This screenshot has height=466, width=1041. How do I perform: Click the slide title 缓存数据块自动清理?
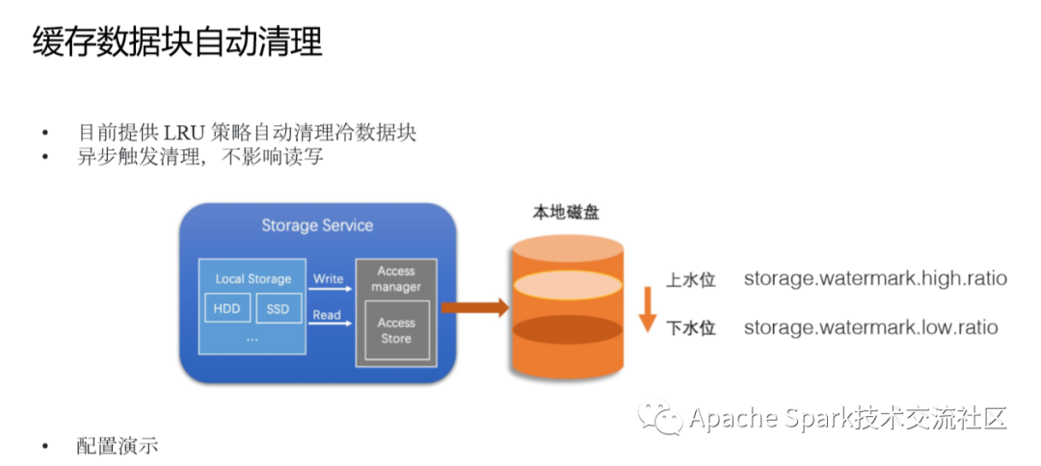coord(177,43)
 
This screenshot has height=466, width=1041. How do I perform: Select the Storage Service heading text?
coord(317,225)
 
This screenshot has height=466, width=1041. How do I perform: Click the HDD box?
coord(227,308)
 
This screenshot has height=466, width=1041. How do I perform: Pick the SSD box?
coord(278,308)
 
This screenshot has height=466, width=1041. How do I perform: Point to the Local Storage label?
coord(253,279)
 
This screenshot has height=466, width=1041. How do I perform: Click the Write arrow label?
coord(328,278)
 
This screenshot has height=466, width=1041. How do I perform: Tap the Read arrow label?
coord(327,315)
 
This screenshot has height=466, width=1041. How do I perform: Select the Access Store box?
coord(396,331)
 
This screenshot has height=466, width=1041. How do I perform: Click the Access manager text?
coord(396,279)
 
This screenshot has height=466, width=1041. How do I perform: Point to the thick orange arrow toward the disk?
coord(474,307)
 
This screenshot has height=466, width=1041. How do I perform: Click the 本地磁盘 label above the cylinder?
coord(567,213)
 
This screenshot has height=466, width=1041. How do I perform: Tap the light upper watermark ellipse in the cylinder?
coord(568,286)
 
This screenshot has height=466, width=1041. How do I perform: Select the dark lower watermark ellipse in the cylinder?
coord(568,329)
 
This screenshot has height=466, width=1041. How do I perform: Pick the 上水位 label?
coord(690,280)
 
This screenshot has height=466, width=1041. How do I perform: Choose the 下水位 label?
coord(690,327)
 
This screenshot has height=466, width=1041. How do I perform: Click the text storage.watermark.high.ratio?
coord(875,278)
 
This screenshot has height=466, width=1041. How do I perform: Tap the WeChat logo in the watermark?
coord(660,418)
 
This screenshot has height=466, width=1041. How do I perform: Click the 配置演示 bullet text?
coord(117,446)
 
